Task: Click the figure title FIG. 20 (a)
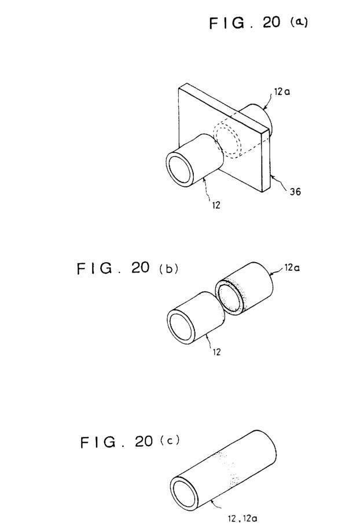[258, 23]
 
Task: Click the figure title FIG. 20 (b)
[127, 268]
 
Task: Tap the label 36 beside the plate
[295, 192]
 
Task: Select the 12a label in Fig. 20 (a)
[282, 91]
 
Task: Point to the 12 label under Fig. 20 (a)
[216, 205]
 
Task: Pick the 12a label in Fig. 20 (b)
[292, 268]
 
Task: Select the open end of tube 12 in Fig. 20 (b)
[182, 325]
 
